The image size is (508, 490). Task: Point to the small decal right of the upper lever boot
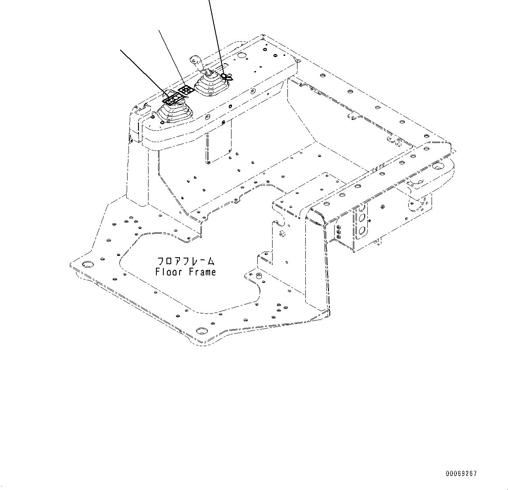pyautogui.click(x=227, y=77)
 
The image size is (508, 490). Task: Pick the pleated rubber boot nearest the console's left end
pyautogui.click(x=175, y=114)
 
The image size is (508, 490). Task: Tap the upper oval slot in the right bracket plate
pyautogui.click(x=362, y=218)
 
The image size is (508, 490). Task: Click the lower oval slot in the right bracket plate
pyautogui.click(x=362, y=230)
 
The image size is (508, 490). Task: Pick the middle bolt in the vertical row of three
pyautogui.click(x=339, y=232)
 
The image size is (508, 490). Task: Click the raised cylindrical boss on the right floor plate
pyautogui.click(x=259, y=276)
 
